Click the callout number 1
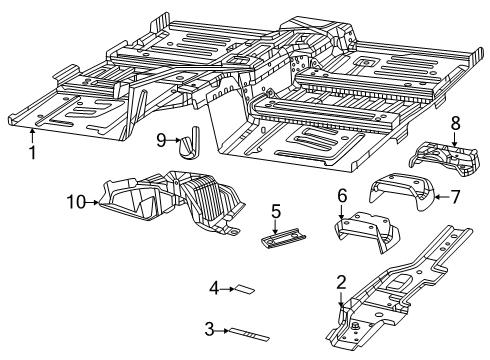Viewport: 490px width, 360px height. pos(32,153)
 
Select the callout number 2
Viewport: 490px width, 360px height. pos(341,282)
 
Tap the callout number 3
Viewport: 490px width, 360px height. pos(209,327)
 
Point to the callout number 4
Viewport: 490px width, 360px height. pos(214,289)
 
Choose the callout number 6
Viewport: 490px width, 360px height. pos(342,196)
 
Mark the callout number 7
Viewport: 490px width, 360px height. pos(455,196)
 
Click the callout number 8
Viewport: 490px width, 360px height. pos(455,124)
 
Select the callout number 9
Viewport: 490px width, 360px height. pos(160,140)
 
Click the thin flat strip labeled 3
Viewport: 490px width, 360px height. pos(248,332)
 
